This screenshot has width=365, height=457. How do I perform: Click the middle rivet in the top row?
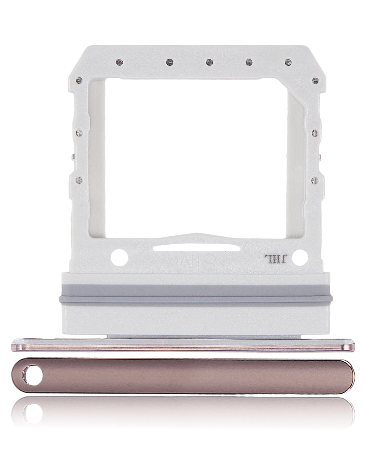tap(208, 62)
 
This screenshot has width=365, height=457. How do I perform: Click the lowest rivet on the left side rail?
tap(80, 180)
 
